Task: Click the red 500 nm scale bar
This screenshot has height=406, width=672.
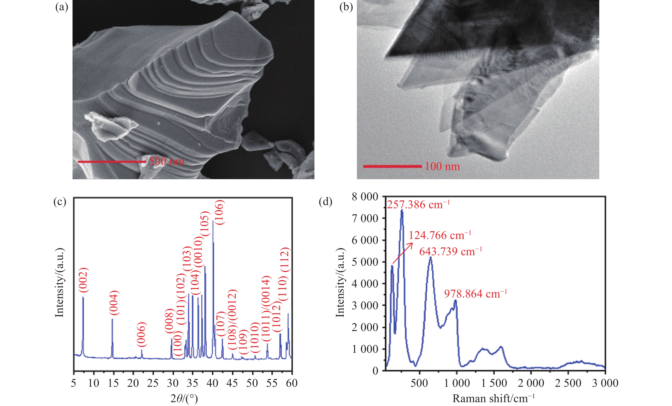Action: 112,162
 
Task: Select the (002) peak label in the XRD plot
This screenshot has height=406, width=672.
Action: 83,282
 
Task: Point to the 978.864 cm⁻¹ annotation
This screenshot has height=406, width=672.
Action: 475,294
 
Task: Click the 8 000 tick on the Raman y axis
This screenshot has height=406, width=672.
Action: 365,196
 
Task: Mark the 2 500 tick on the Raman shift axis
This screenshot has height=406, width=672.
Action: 568,383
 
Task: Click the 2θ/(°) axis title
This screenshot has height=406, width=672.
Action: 184,399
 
